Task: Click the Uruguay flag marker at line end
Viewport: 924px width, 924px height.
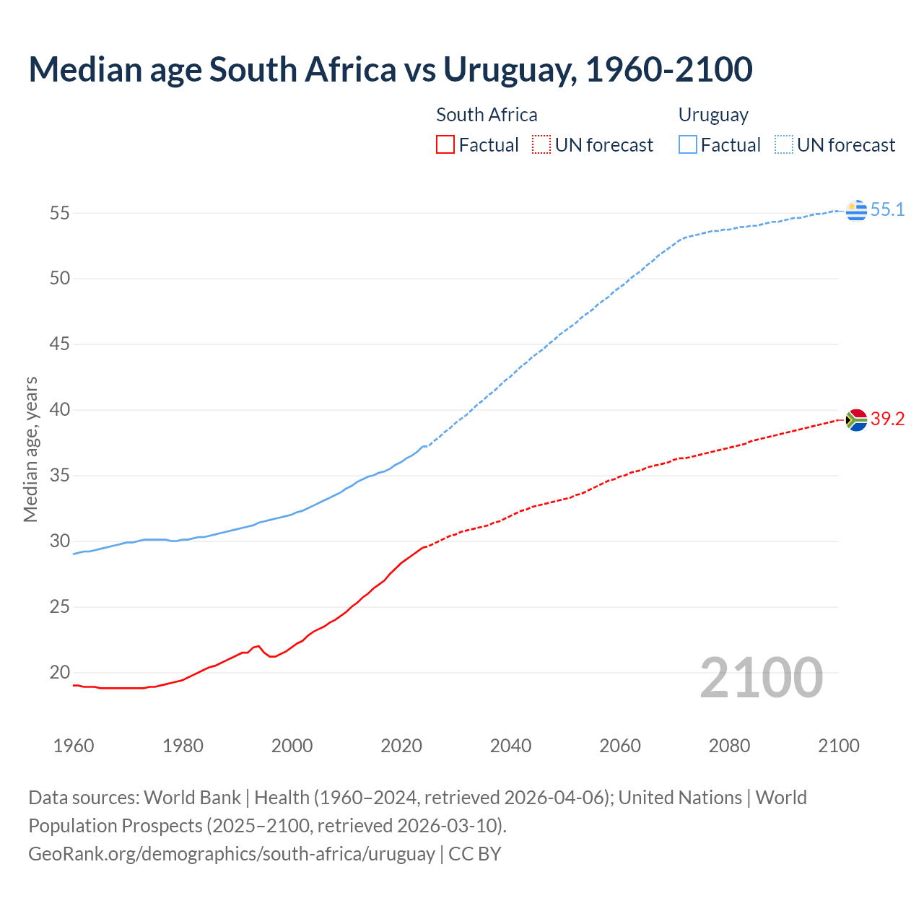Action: (x=856, y=210)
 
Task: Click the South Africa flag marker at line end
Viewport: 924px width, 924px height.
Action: (x=856, y=419)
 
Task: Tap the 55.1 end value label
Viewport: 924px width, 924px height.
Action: (x=887, y=210)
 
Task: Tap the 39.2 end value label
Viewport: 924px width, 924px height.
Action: (x=887, y=419)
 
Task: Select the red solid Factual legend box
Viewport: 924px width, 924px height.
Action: (x=445, y=145)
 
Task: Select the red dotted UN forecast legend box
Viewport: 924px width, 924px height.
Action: (x=541, y=145)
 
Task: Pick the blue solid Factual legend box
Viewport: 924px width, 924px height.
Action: (x=688, y=145)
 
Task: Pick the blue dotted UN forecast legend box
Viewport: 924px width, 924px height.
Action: (x=784, y=145)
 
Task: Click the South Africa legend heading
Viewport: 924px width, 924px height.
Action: (x=487, y=115)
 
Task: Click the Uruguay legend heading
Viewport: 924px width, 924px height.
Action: (x=713, y=115)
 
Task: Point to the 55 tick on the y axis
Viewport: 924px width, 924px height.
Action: (x=59, y=213)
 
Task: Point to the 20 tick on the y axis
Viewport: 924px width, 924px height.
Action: (x=59, y=673)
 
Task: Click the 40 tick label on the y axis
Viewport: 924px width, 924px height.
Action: (x=59, y=410)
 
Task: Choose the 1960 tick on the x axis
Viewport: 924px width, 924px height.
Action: (x=74, y=746)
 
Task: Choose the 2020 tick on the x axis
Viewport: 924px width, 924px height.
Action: (x=401, y=746)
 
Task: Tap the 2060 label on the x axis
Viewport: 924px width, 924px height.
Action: (x=620, y=746)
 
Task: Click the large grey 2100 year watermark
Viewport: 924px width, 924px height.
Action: (x=762, y=677)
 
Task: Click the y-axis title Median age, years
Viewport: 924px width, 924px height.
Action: (x=30, y=449)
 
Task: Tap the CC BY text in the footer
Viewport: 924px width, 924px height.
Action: (x=475, y=854)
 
